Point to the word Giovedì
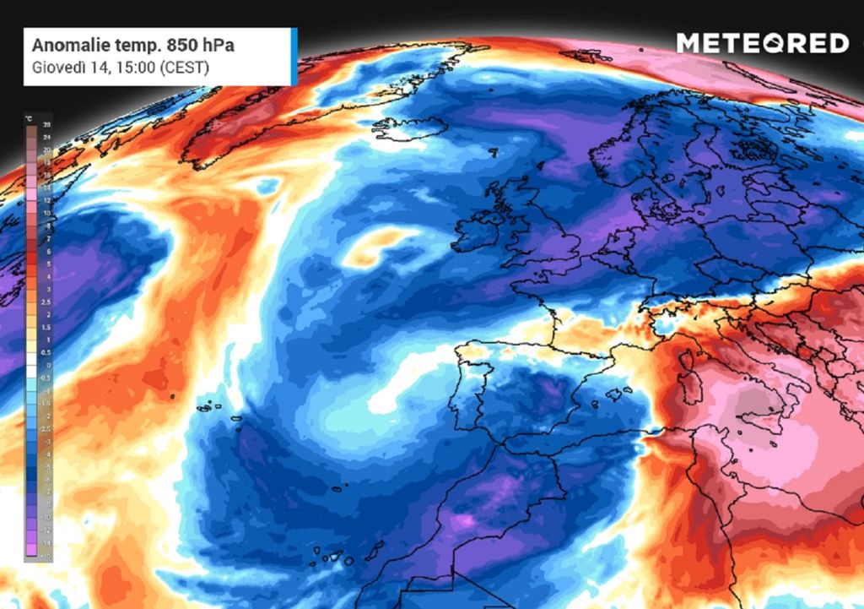point(57,67)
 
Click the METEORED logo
point(762,43)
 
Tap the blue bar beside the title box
point(294,57)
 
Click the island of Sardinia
point(693,389)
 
